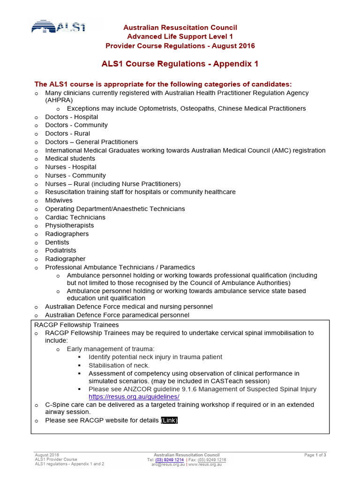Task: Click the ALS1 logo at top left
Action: (59, 27)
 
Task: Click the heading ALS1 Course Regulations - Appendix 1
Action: (180, 64)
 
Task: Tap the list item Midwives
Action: (59, 200)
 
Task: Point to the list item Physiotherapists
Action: (69, 225)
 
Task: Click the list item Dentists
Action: (57, 242)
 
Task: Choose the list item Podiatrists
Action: (60, 250)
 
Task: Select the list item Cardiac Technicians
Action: (75, 217)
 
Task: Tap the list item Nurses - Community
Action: (75, 175)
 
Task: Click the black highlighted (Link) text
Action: (169, 420)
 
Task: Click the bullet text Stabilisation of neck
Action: (119, 365)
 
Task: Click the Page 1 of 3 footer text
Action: (315, 455)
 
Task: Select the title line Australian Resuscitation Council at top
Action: (180, 28)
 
